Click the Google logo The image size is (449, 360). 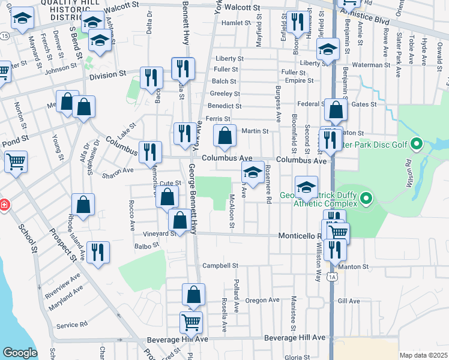pos(20,353)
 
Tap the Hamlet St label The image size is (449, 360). pos(236,23)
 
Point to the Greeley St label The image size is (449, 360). pos(224,94)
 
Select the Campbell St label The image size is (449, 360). pos(220,265)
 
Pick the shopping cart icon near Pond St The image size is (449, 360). pos(16,161)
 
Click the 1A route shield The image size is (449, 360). pos(332,277)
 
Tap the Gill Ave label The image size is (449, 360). pos(349,301)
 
